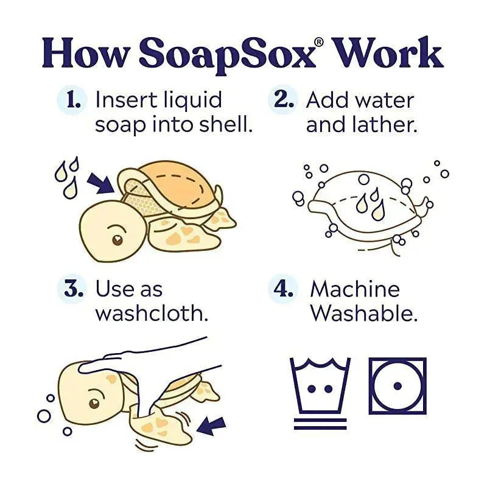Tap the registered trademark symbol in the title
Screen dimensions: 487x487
[x=320, y=42]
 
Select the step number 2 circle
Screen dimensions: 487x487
[x=282, y=100]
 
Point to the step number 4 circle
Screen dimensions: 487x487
[x=282, y=289]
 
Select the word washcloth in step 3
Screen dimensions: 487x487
[x=152, y=313]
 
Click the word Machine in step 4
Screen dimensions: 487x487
[x=355, y=289]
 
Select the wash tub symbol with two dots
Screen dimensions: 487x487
[x=320, y=385]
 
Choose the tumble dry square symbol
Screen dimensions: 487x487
[x=398, y=386]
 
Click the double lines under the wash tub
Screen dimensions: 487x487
[x=320, y=424]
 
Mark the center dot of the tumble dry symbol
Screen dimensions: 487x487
[x=398, y=386]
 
